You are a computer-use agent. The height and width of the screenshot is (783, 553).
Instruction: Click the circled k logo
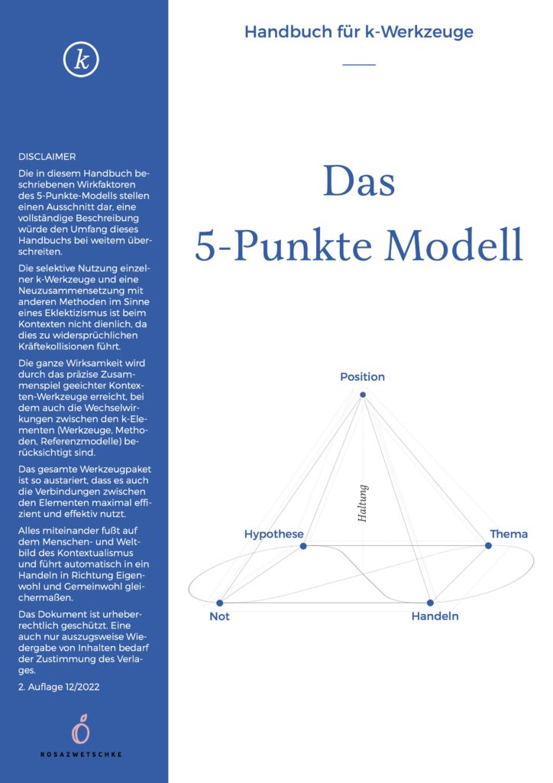[81, 60]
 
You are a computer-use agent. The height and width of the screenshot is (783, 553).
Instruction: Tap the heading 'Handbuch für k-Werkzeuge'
[358, 32]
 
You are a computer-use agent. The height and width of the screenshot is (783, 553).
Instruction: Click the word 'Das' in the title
[359, 180]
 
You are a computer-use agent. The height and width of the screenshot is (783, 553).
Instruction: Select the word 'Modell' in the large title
[454, 245]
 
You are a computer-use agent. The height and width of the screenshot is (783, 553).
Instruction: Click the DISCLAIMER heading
[47, 157]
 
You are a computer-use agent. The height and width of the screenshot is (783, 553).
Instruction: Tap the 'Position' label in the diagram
[363, 376]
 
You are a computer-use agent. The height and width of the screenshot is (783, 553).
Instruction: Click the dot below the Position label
[363, 395]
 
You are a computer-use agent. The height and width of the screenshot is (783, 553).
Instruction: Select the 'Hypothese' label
[273, 534]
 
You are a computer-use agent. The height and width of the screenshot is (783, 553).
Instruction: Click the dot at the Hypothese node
[303, 546]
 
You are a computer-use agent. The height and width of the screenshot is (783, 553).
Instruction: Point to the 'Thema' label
[509, 534]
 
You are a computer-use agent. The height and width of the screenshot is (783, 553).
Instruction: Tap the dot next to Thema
[488, 546]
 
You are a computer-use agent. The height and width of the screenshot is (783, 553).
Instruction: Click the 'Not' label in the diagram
[219, 616]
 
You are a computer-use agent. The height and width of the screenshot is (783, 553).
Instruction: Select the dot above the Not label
[219, 603]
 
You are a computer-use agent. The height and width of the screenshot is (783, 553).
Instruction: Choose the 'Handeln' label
[435, 616]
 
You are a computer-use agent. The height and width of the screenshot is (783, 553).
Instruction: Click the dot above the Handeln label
[430, 603]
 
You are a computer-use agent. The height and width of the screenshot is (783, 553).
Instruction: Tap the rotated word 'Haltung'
[363, 503]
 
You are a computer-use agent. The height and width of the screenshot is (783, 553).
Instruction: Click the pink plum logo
[81, 729]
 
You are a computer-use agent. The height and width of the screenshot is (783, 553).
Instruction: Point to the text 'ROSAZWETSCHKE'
[81, 754]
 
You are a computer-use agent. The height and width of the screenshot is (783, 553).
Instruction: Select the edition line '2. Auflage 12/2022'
[59, 687]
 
